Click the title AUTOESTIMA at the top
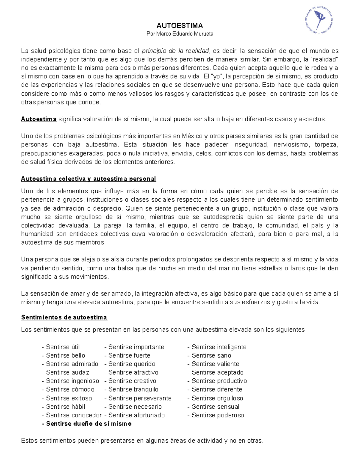point(180,25)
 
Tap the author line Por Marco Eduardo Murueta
point(180,34)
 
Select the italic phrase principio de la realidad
point(175,51)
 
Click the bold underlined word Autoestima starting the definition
point(39,119)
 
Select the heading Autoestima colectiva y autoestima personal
point(88,179)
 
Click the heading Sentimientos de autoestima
point(64,317)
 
